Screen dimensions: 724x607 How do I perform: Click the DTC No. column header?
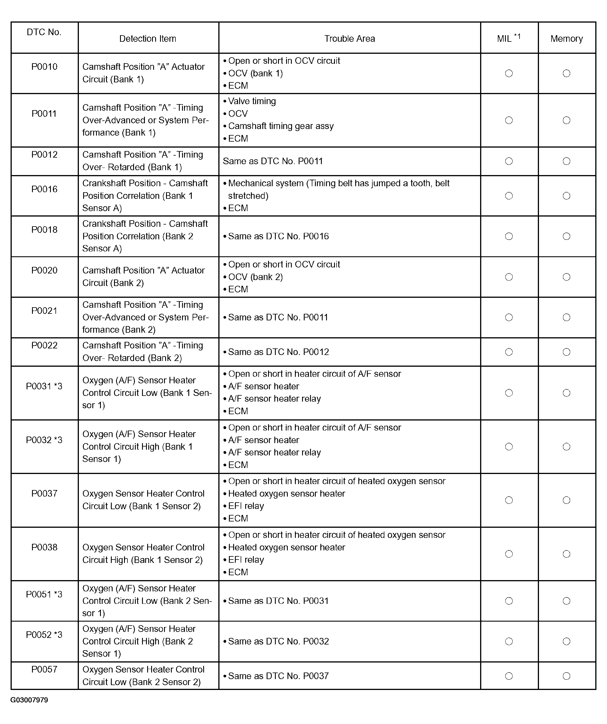tap(44, 32)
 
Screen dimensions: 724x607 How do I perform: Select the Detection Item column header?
tap(147, 39)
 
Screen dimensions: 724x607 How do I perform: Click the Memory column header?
tap(566, 39)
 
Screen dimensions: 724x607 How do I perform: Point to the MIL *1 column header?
tap(508, 38)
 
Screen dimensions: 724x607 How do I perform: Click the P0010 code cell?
tap(44, 67)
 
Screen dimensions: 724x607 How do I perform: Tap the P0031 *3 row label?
tap(44, 386)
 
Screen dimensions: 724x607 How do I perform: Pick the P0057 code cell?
tap(44, 669)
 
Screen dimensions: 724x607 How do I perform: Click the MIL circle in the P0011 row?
tap(509, 120)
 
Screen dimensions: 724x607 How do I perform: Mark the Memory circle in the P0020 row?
tap(566, 277)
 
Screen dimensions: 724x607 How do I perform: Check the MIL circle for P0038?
tap(509, 554)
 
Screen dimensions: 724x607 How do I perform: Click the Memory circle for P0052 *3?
tap(566, 641)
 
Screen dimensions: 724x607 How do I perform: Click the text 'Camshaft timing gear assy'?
tap(281, 126)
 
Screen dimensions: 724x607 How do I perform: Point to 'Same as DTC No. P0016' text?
tap(278, 236)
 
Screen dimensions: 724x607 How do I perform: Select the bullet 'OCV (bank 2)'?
tap(255, 277)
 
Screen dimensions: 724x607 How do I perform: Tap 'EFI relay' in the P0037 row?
tap(246, 506)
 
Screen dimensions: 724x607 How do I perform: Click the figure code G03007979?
tap(29, 700)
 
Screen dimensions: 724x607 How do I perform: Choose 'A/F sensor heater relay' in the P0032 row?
tap(274, 452)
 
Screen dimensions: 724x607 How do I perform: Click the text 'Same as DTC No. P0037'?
tap(278, 676)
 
